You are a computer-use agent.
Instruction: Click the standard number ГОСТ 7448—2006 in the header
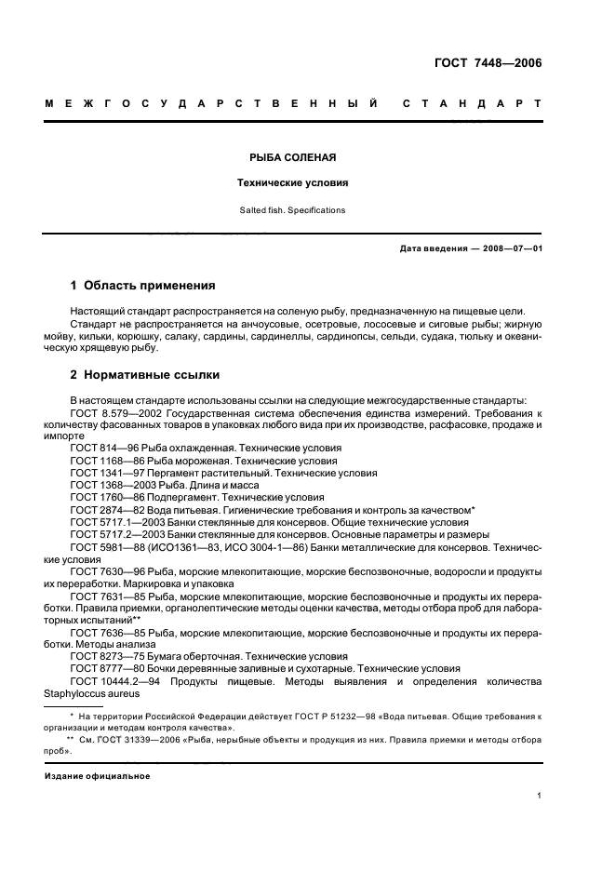coord(488,63)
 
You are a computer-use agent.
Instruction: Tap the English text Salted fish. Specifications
coord(293,210)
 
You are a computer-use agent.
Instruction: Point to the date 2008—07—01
coord(509,249)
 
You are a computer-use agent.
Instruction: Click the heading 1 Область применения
coord(143,286)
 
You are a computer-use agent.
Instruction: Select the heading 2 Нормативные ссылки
coord(146,375)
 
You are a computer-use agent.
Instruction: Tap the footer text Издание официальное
coord(98,775)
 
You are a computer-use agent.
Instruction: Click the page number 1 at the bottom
coord(539,796)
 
